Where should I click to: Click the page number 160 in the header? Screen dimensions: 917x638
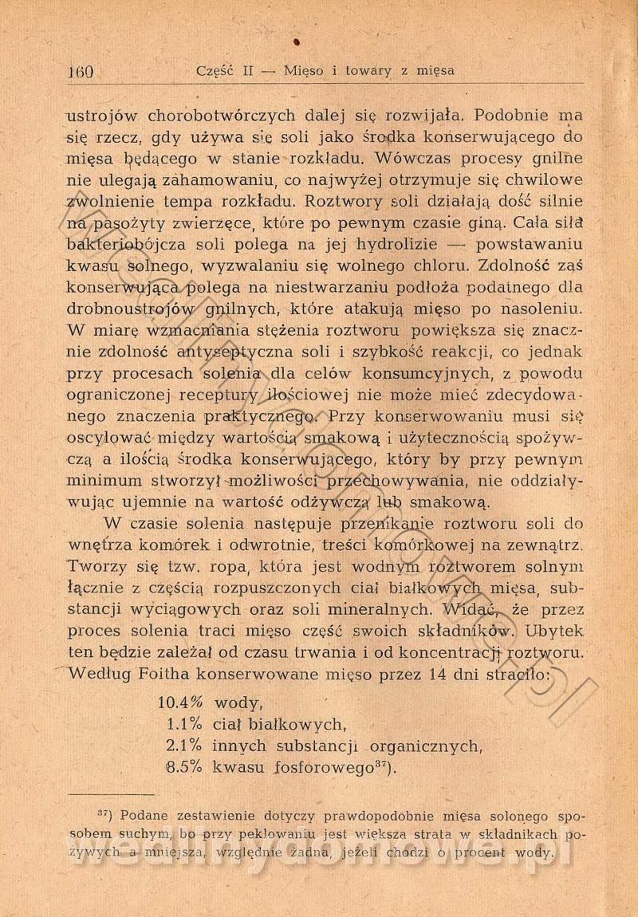(x=81, y=70)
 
